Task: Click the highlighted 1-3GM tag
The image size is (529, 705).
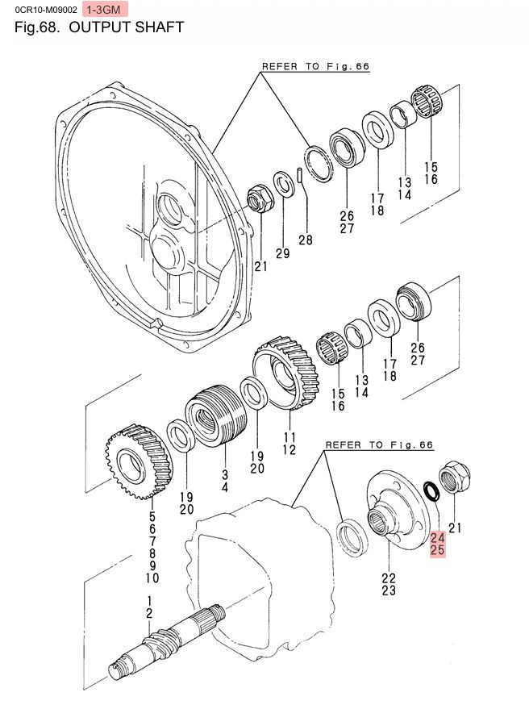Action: click(106, 10)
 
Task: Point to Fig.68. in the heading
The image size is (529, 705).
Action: click(38, 28)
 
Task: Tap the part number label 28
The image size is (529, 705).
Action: click(305, 240)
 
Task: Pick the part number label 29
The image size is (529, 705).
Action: click(281, 254)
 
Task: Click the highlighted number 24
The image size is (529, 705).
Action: click(438, 537)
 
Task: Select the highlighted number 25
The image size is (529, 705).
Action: click(438, 551)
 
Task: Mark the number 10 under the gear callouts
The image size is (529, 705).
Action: click(152, 578)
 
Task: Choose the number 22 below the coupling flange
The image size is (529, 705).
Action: click(389, 578)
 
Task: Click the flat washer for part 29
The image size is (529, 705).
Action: click(283, 184)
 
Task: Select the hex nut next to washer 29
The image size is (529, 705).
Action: click(259, 198)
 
